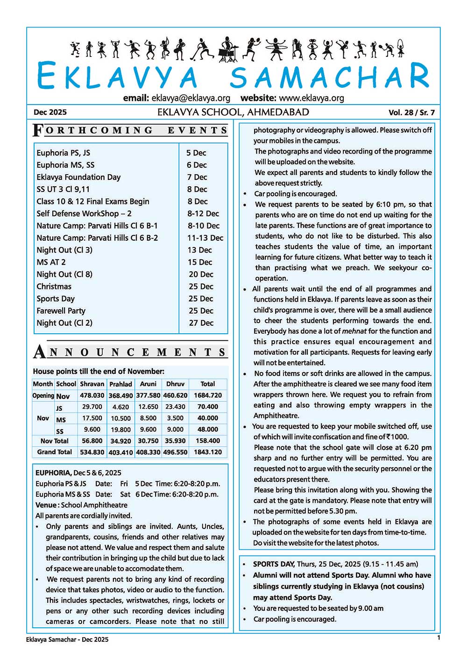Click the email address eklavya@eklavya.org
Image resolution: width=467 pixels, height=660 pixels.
[x=191, y=98]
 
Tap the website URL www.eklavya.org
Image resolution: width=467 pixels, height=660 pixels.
[x=311, y=98]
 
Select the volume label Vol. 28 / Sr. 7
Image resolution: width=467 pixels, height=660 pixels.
[x=411, y=112]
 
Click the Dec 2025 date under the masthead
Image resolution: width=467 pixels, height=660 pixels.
[x=50, y=112]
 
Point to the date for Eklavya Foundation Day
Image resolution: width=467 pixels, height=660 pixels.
[x=197, y=177]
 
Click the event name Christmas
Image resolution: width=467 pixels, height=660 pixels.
[x=54, y=287]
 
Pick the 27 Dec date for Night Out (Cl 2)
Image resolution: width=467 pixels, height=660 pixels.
[x=201, y=323]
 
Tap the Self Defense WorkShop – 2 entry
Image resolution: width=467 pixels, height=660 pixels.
[x=84, y=214]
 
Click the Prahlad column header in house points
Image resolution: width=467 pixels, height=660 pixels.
[x=120, y=384]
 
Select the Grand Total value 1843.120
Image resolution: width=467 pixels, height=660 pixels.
[x=208, y=452]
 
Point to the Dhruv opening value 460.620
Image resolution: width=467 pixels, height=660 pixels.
[x=175, y=395]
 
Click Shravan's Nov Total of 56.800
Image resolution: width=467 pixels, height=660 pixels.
[x=92, y=441]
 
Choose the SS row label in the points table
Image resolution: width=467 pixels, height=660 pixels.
[x=60, y=430]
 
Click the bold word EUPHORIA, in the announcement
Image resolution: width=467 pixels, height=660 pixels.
[x=53, y=473]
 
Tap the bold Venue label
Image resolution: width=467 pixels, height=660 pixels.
[x=47, y=505]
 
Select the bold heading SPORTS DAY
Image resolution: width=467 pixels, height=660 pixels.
[x=274, y=564]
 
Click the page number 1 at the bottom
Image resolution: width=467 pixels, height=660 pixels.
[x=438, y=638]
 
